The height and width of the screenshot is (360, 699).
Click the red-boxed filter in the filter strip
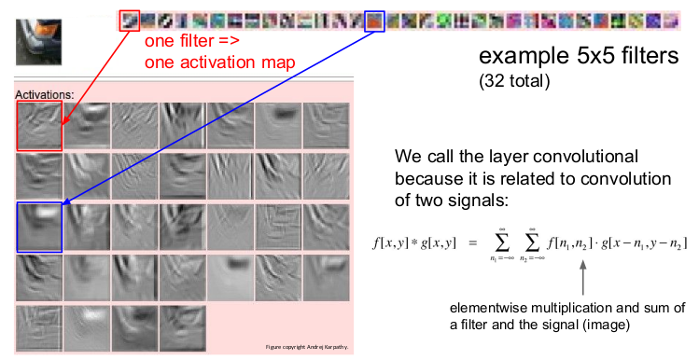[x=131, y=18]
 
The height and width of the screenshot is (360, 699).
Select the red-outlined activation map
[x=39, y=125]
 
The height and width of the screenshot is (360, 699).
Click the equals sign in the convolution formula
[x=471, y=242]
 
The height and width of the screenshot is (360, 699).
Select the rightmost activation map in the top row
[x=326, y=125]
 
